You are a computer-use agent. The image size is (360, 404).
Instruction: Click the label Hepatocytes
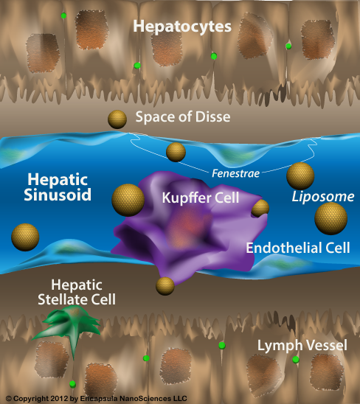point(182,27)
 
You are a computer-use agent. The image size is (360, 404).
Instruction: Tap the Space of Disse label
point(183,117)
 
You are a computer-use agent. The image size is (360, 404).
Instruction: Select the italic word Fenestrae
point(236,174)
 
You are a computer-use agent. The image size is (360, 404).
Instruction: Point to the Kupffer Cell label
point(201,198)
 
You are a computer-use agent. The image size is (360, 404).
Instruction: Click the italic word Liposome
point(323,197)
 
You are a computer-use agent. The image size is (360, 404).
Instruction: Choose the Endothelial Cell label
point(298,248)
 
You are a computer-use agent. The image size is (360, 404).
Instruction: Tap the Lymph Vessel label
point(302,346)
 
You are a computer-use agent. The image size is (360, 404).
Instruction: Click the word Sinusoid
point(58,195)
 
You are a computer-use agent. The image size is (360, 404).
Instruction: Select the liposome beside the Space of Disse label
point(117,119)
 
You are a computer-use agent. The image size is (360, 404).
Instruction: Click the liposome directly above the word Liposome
point(300,176)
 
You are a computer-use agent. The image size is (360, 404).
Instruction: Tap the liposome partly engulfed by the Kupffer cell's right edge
point(260,208)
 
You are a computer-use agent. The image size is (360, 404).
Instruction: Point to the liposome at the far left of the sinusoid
point(25,237)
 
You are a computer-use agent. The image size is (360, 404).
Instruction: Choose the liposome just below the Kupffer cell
point(165,286)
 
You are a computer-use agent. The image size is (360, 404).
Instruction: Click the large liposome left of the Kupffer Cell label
point(128,200)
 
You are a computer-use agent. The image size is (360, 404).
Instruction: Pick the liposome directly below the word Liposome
point(330,218)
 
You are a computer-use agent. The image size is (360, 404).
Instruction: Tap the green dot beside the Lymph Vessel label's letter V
point(296,360)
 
